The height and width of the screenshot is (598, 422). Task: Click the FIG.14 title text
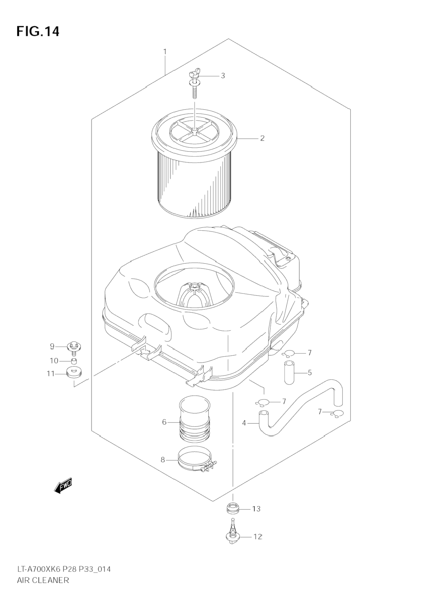click(38, 31)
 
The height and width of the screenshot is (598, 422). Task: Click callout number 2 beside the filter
click(262, 138)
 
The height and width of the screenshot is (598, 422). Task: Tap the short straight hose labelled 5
click(289, 372)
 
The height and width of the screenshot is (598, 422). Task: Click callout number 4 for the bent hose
click(244, 423)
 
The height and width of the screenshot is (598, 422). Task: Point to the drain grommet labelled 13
click(232, 509)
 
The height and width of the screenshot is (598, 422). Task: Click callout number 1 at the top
click(165, 52)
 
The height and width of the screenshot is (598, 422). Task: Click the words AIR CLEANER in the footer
click(43, 580)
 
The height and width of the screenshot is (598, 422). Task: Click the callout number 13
click(256, 509)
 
